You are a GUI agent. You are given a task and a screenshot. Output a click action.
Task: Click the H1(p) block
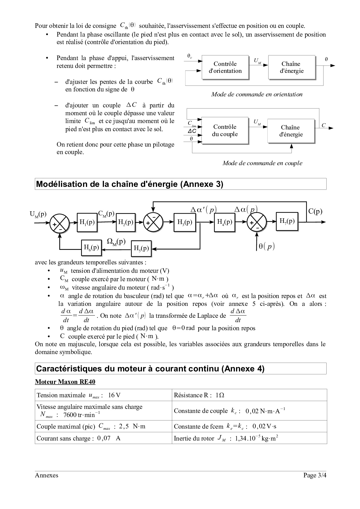point(87,222)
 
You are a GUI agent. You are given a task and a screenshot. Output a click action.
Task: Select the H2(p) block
point(125,222)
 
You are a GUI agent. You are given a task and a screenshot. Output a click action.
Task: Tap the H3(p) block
point(185,222)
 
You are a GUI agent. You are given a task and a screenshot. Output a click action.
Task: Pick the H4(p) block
point(224,222)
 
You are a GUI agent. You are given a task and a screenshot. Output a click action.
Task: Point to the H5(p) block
point(141,248)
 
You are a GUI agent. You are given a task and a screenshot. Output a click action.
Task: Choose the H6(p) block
point(91,248)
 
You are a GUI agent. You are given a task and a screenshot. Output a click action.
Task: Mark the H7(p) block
point(287,221)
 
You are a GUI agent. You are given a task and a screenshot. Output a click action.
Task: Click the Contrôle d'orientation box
point(225,67)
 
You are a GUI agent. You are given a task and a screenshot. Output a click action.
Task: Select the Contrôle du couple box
point(225,130)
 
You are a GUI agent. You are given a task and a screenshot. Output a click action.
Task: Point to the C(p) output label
point(315,211)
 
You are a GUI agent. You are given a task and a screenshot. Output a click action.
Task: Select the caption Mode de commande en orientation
point(257,94)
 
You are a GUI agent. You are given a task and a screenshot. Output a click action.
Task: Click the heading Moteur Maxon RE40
point(65,382)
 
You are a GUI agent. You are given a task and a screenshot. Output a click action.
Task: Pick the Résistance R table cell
point(249,395)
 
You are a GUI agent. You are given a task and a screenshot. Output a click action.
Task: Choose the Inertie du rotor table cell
point(249,438)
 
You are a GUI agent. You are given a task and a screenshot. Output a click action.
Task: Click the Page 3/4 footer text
point(315,475)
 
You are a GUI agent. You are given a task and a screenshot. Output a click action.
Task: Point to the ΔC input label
point(192,131)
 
